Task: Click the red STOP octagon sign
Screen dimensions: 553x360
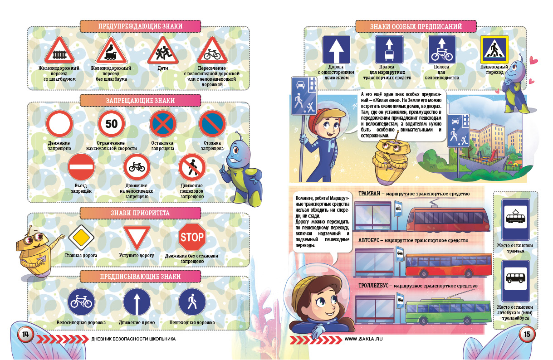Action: click(192, 237)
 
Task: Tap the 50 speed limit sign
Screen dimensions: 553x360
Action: click(111, 124)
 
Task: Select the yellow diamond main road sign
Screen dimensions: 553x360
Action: click(81, 238)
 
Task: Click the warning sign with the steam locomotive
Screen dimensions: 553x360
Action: click(111, 50)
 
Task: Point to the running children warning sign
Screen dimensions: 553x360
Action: click(163, 50)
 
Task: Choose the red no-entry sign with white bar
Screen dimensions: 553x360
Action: click(81, 167)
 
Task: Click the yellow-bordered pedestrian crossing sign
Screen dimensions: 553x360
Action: click(494, 49)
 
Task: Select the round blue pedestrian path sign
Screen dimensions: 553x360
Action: click(192, 302)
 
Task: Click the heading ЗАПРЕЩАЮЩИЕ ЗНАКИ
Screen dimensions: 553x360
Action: click(140, 101)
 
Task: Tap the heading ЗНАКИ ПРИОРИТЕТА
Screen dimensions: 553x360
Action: click(140, 213)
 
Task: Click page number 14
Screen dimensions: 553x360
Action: click(25, 334)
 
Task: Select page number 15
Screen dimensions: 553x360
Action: click(527, 334)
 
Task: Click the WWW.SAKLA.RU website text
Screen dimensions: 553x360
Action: click(363, 339)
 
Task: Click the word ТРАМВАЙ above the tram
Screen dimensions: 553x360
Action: click(369, 194)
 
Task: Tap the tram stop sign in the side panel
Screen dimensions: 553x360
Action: click(515, 219)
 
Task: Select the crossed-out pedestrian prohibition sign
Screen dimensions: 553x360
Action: click(192, 167)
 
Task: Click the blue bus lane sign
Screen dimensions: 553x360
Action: click(389, 49)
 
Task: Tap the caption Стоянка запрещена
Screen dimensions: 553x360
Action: click(212, 146)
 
